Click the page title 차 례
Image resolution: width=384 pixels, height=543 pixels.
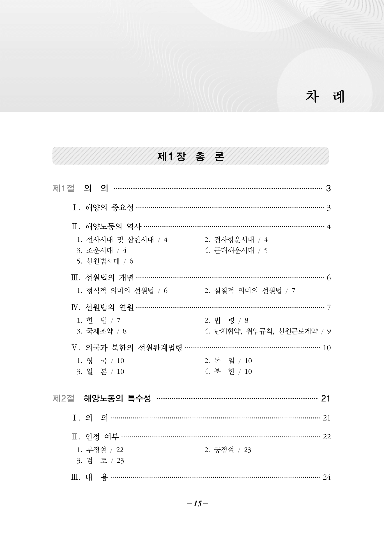coord(325,97)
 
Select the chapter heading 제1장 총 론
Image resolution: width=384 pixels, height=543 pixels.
coord(190,156)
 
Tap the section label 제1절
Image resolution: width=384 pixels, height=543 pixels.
coord(63,188)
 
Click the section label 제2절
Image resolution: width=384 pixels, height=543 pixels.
coord(63,398)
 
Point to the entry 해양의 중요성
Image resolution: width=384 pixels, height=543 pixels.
coord(109,208)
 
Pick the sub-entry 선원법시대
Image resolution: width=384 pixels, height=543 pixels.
coord(103,261)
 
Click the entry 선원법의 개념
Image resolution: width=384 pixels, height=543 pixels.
coord(109,278)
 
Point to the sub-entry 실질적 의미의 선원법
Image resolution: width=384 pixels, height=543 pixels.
coord(248,291)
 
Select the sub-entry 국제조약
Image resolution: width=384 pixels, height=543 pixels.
coord(100,331)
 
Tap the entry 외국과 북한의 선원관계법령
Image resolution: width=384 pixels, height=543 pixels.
coord(134,348)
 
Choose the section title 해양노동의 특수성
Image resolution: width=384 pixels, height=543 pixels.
coord(117,398)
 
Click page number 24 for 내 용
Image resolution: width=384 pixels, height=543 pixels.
coord(326,477)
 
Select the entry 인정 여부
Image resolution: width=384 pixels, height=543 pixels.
coord(102,437)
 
